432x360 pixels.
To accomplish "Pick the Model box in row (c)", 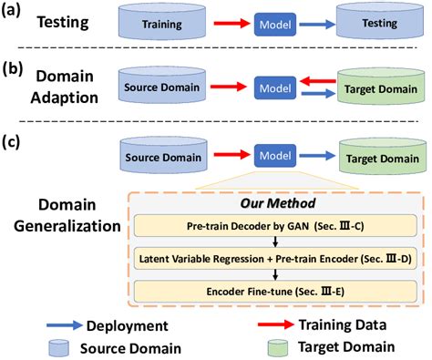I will click(271, 155).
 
